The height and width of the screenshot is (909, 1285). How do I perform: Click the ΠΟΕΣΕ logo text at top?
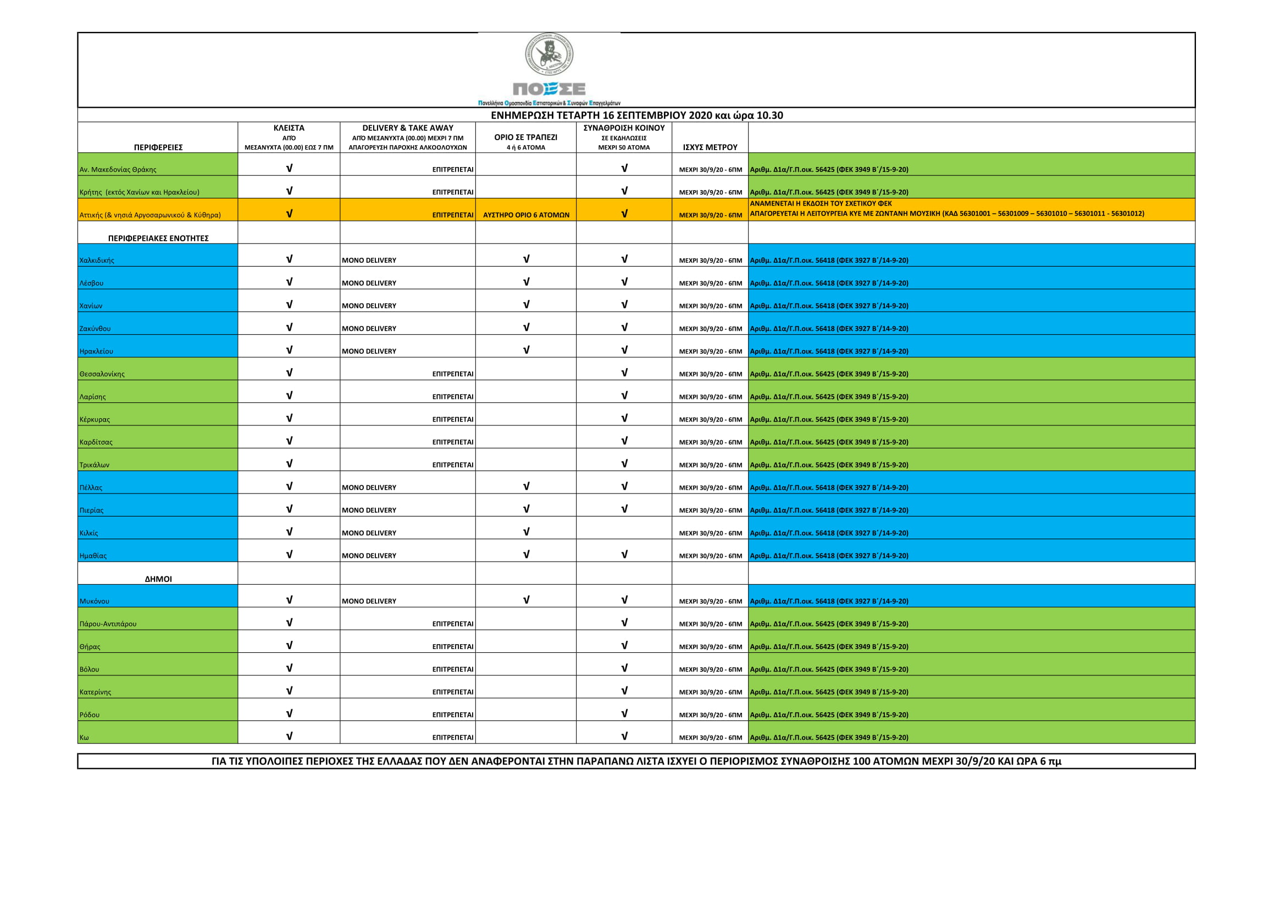click(549, 89)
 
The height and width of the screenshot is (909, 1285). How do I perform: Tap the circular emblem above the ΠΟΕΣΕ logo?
click(549, 54)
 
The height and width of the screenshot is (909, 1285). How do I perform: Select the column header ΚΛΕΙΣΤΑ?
click(289, 128)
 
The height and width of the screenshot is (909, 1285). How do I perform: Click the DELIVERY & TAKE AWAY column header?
click(407, 128)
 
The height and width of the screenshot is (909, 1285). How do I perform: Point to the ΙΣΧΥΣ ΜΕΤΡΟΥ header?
click(710, 147)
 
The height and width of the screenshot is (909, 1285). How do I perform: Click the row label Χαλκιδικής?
click(97, 260)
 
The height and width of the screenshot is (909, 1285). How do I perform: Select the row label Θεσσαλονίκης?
click(102, 374)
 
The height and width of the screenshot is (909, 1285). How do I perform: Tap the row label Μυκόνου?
click(95, 601)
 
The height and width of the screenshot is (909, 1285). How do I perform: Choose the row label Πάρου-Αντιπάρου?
click(108, 624)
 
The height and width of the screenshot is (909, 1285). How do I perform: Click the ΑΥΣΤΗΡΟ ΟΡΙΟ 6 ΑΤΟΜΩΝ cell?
click(525, 215)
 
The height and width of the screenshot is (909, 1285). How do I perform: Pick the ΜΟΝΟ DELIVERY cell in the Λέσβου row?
click(369, 283)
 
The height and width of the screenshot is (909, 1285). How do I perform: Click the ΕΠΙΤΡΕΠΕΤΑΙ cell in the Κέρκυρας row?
click(452, 419)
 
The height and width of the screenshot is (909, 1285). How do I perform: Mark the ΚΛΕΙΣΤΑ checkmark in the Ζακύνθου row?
click(289, 328)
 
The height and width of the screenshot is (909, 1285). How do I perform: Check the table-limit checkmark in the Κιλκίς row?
click(525, 532)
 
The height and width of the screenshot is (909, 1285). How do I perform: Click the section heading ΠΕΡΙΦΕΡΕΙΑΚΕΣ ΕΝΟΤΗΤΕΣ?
click(158, 239)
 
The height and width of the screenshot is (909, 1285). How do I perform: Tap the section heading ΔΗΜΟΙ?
click(158, 579)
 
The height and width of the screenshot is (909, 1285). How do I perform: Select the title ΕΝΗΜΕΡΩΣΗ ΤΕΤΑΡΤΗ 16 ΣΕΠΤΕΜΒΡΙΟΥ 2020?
click(636, 115)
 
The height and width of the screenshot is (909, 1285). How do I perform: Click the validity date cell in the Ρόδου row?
click(710, 715)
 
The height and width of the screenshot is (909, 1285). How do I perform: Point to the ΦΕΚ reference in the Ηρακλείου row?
click(828, 352)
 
